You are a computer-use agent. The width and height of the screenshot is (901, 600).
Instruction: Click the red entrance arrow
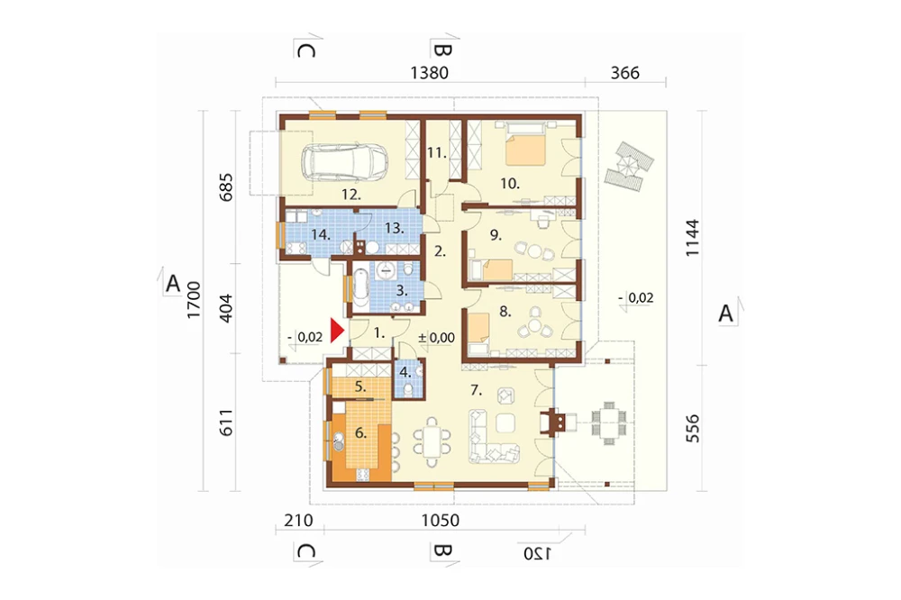[337, 332]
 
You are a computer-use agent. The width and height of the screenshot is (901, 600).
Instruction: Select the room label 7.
[476, 390]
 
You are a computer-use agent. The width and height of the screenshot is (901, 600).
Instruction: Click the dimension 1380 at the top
[429, 73]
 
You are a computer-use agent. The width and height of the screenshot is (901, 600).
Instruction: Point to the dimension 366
[624, 73]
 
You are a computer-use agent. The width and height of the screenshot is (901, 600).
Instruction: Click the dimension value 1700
[194, 299]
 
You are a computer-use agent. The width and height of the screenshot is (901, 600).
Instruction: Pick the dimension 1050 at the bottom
[441, 520]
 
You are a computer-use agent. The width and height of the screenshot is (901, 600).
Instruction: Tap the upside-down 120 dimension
[537, 553]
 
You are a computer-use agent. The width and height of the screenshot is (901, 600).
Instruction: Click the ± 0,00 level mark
[436, 338]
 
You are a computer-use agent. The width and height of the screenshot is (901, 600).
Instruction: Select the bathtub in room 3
[359, 288]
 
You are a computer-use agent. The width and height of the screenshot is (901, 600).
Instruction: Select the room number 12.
[351, 195]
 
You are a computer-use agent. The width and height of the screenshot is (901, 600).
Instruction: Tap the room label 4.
[405, 372]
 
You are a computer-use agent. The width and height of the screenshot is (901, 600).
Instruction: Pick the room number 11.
[437, 153]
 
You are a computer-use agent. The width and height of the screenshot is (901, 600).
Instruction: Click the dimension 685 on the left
[226, 186]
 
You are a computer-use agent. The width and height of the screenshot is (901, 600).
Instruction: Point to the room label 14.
[320, 234]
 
